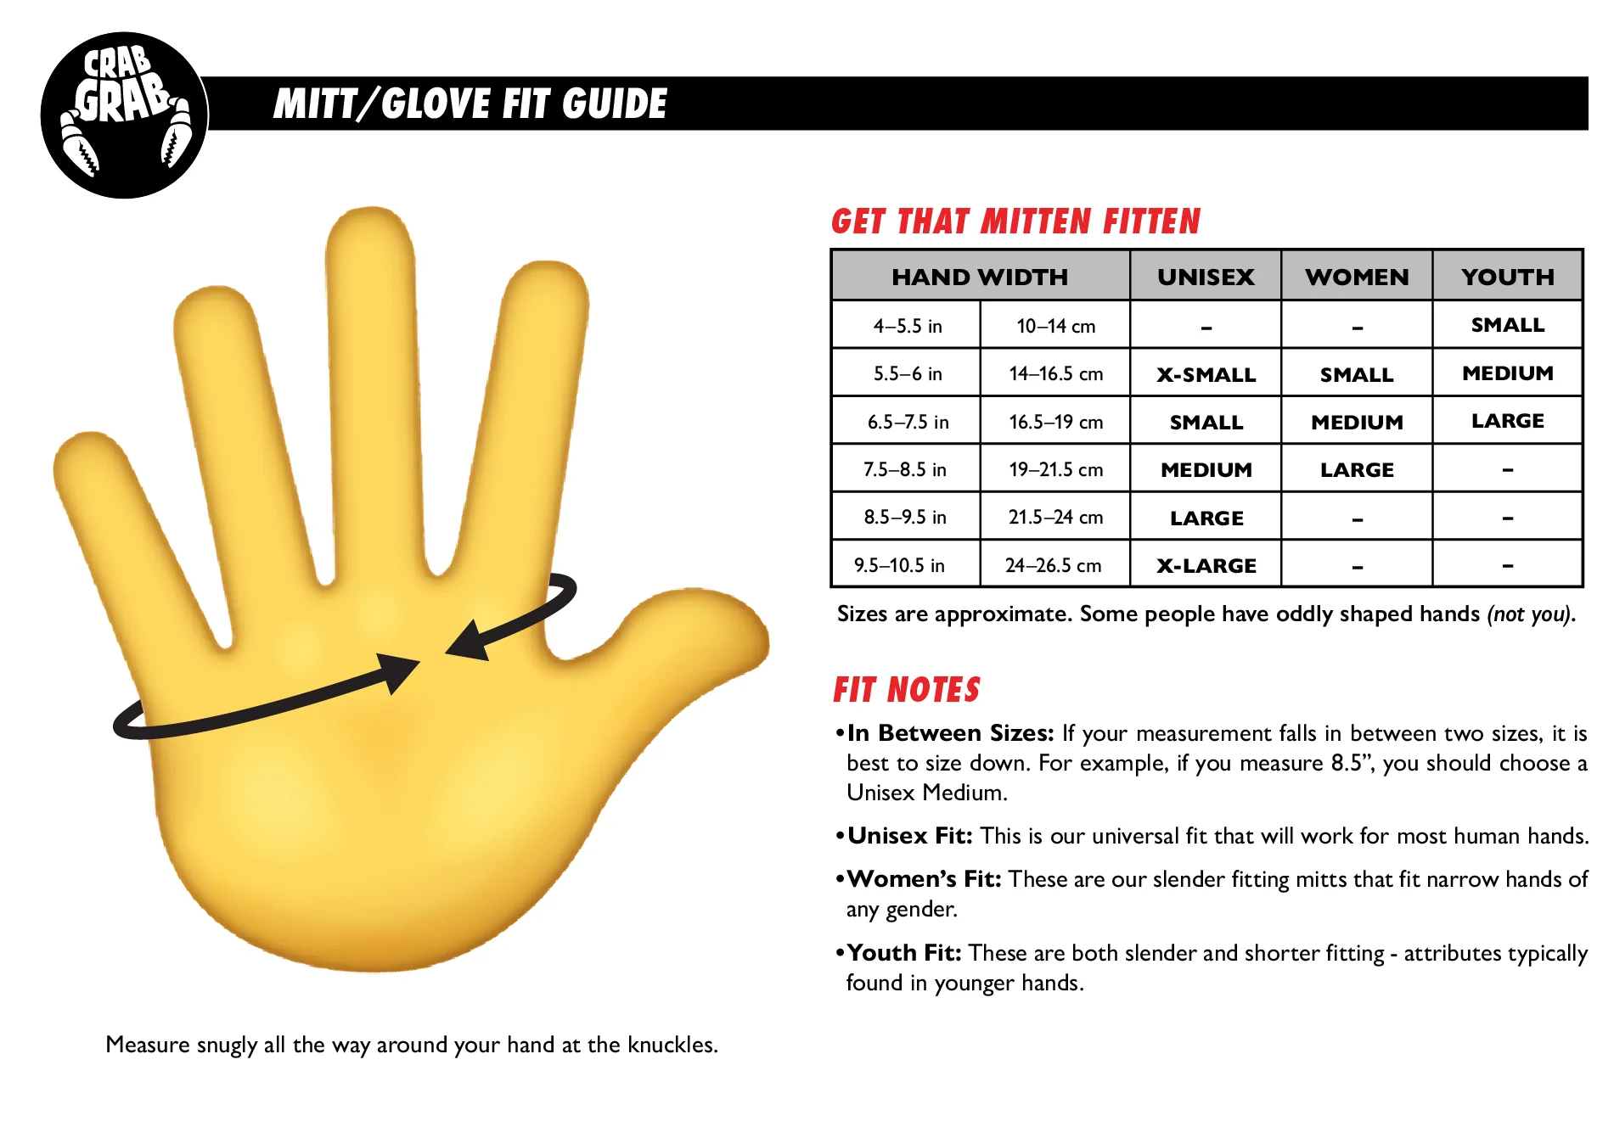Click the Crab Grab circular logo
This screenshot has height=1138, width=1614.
124,115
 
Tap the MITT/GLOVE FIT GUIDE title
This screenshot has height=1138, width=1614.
470,104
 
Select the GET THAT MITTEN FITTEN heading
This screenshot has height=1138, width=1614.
1015,222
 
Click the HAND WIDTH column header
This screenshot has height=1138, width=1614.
980,277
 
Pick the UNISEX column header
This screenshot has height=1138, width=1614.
1206,277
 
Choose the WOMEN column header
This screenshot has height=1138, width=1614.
1357,277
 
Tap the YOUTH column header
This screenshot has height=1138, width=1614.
1508,277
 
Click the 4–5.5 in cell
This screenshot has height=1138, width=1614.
907,326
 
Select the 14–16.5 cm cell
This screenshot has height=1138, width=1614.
1055,373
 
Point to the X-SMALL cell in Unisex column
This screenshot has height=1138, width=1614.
1206,374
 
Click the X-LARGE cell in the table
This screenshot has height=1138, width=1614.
1206,565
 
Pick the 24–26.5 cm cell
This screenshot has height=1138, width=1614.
1053,565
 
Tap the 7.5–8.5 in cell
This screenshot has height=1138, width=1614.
905,469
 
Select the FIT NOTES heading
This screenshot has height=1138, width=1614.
907,690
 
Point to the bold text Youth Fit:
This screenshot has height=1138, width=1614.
904,953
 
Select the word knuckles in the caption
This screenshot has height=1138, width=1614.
671,1045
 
